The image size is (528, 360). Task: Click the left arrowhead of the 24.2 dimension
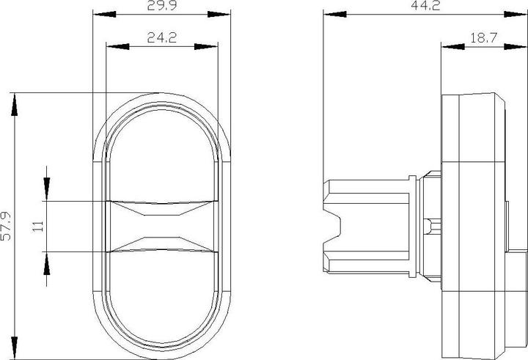pos(114,46)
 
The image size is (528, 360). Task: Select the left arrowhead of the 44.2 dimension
pos(331,15)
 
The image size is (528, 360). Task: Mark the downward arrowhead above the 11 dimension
pos(47,193)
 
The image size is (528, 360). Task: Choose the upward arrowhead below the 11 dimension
pos(47,260)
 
